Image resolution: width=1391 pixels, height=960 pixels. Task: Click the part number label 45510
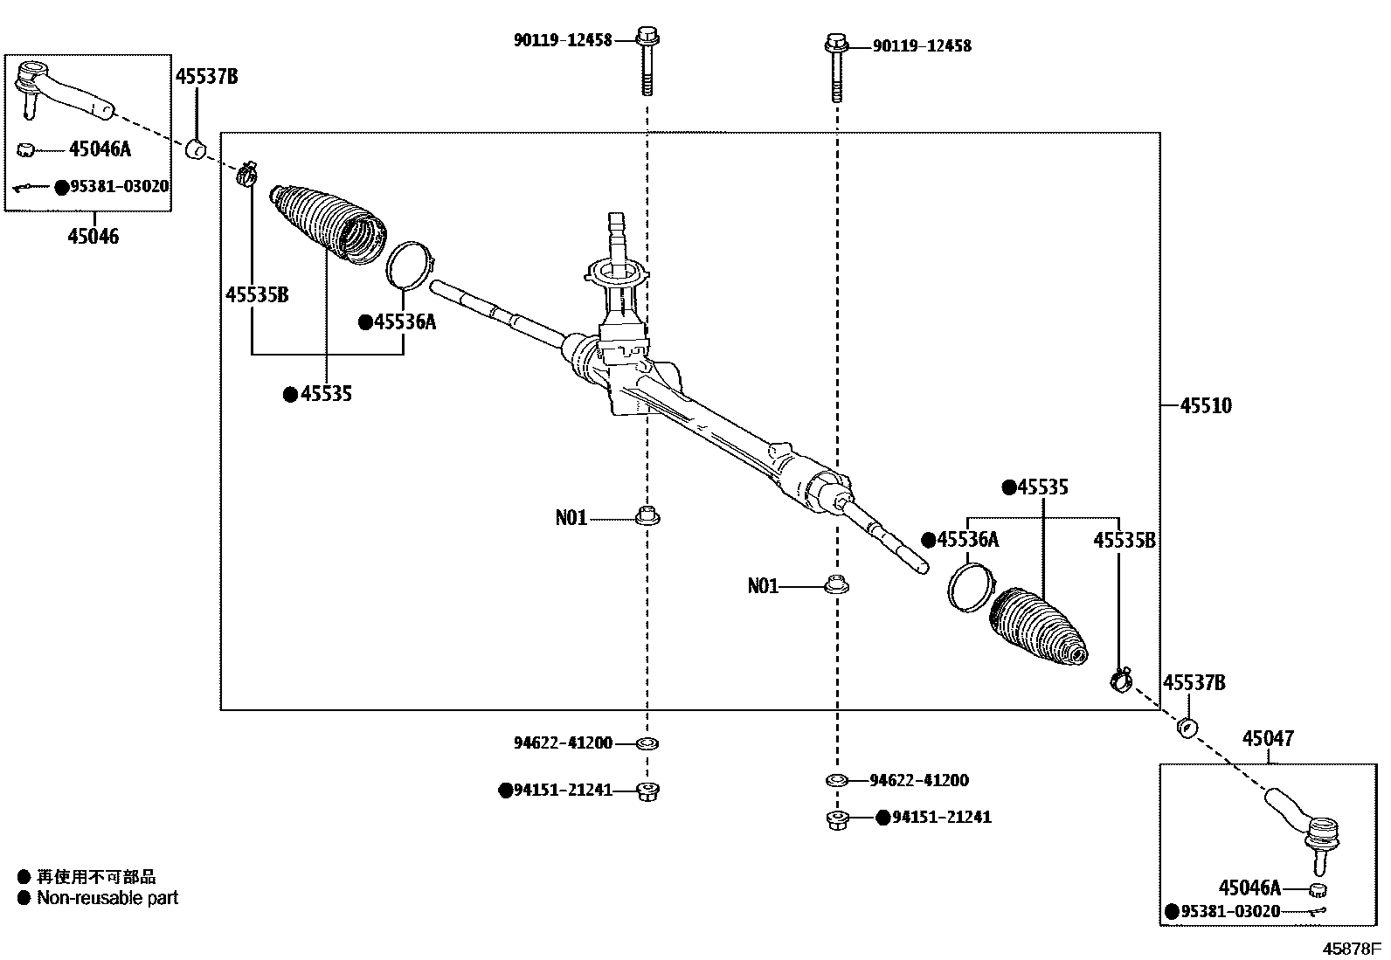click(1206, 405)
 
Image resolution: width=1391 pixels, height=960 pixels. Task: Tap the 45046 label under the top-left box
click(93, 236)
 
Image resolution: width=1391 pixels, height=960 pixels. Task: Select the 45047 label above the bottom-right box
click(1268, 739)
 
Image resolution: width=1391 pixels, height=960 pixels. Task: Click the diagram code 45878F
click(1350, 948)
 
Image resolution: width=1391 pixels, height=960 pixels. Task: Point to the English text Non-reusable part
click(107, 898)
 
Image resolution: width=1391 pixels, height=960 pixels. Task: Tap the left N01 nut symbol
click(647, 516)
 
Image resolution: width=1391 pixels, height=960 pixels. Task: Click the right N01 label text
click(763, 586)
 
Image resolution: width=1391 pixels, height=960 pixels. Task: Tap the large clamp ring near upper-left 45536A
click(409, 264)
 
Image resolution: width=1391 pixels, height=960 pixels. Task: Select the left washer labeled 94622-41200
click(647, 743)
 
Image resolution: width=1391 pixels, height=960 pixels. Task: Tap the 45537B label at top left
click(206, 77)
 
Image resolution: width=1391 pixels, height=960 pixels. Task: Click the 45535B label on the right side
click(1124, 541)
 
